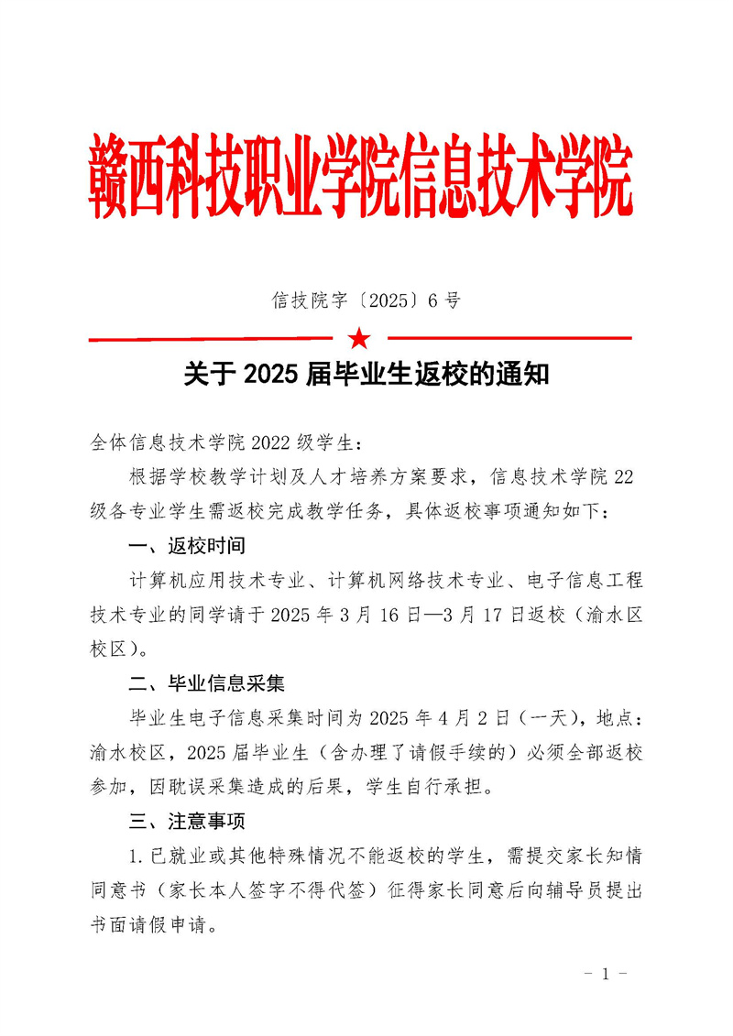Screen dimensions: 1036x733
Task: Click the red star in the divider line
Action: pyautogui.click(x=360, y=339)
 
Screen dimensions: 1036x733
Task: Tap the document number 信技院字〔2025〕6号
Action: pyautogui.click(x=366, y=300)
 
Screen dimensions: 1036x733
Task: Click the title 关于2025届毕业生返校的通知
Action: pyautogui.click(x=366, y=375)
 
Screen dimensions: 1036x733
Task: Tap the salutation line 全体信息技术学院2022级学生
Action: pyautogui.click(x=227, y=443)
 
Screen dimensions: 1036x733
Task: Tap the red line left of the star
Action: pyautogui.click(x=216, y=339)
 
